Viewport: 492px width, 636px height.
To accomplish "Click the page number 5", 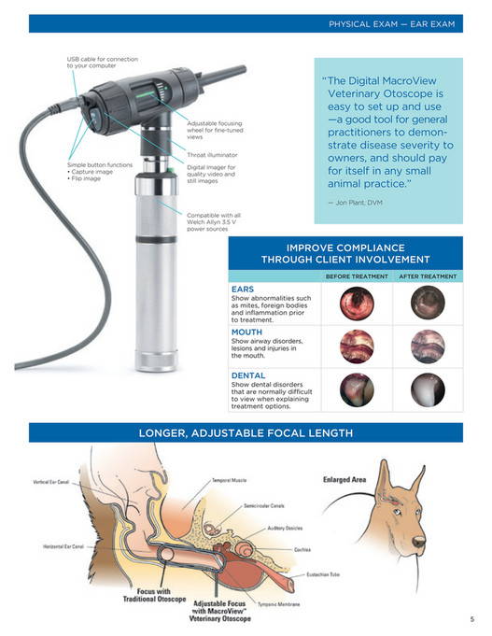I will tap(471, 619).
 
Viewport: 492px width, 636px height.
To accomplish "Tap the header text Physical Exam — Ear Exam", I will tap(391, 23).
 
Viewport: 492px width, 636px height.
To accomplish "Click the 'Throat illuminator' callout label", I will tap(212, 153).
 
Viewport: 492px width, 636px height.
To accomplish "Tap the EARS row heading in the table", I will tap(243, 289).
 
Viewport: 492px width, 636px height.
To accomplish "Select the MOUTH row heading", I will tap(246, 332).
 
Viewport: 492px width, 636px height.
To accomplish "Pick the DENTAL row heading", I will tap(249, 375).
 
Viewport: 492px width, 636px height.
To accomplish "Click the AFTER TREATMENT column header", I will tap(428, 276).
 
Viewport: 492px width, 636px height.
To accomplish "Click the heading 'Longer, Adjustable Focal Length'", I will tap(246, 432).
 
